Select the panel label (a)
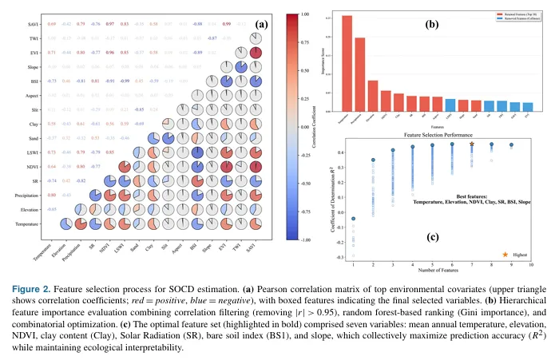tap(260, 24)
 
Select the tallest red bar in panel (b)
tap(347, 63)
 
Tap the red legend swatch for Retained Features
tap(474, 14)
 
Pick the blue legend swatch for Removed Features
tap(474, 18)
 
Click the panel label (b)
tap(430, 25)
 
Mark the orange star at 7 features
tap(472, 144)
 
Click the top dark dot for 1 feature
tap(353, 218)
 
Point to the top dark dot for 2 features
tap(373, 160)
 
